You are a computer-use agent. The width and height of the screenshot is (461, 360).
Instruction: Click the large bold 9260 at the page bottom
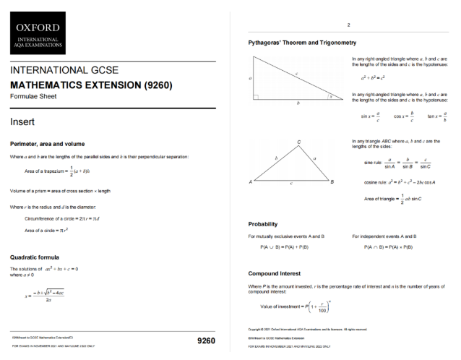tap(206, 340)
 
